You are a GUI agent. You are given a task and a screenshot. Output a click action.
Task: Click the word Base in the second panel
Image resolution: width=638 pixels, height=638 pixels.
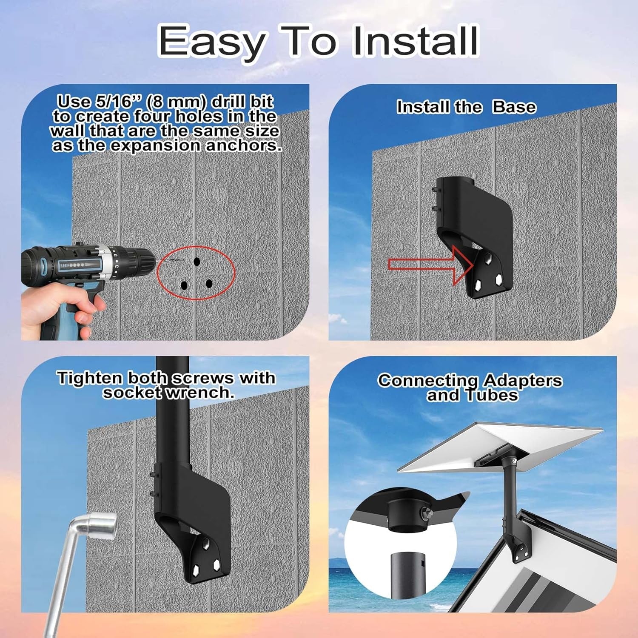[x=514, y=107]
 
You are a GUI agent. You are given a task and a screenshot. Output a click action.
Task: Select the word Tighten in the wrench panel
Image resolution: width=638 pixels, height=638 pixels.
[x=90, y=378]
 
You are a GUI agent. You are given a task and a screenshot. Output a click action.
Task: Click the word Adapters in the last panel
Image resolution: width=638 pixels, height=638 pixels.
[x=523, y=380]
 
